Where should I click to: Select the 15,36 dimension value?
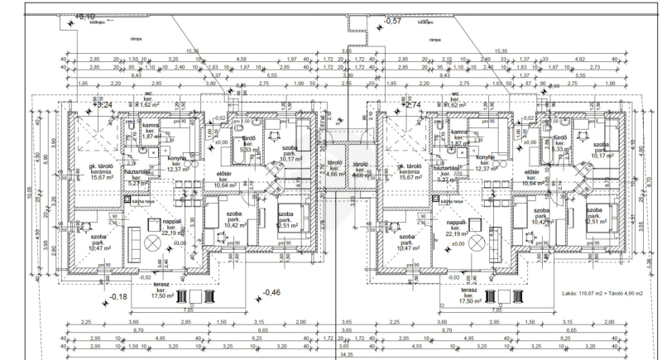coord(192,50)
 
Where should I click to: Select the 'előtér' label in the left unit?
coord(223,174)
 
